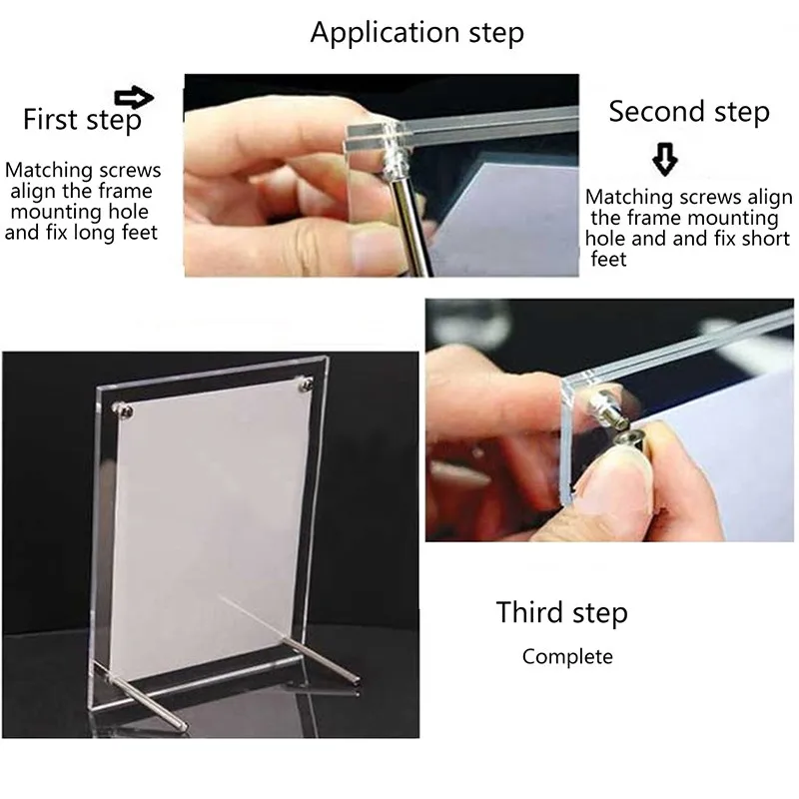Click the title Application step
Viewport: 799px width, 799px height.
(x=416, y=32)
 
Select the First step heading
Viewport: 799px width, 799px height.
(x=82, y=120)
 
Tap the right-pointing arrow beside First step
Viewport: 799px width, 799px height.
(x=134, y=97)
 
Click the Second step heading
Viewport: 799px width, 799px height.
(x=689, y=112)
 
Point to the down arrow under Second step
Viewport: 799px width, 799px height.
(x=664, y=159)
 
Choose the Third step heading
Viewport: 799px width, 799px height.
(x=561, y=612)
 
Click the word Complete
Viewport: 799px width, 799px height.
(x=567, y=656)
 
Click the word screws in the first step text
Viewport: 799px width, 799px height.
(x=125, y=171)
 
